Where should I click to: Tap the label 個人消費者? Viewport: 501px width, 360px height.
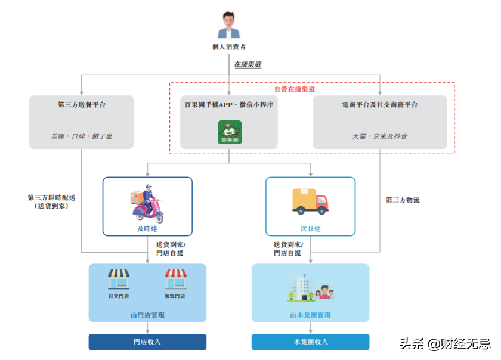pos(230,46)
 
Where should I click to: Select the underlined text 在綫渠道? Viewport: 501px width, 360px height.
pos(248,64)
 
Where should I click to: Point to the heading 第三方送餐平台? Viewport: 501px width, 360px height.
pos(82,105)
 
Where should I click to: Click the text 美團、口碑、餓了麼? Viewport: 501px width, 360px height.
pos(82,136)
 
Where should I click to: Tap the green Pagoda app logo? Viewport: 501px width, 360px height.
pos(230,132)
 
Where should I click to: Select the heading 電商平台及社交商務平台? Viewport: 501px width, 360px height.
pos(380,105)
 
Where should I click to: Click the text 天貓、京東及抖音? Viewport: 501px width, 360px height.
pos(380,136)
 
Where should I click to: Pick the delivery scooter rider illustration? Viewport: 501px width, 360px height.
pos(146,203)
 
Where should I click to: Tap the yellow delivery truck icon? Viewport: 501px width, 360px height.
pos(310,201)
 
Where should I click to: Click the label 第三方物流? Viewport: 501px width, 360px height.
pos(402,200)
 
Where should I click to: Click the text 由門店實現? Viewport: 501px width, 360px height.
pos(147,315)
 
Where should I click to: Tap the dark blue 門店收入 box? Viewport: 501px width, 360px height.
pos(147,342)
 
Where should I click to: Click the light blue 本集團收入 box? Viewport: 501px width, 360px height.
pos(310,342)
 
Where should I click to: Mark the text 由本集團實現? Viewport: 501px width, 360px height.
pos(310,315)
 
